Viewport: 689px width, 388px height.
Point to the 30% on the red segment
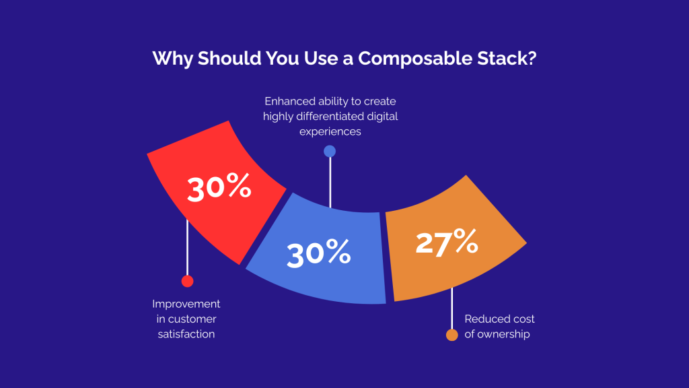[219, 189]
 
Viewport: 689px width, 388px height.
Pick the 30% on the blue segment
[318, 254]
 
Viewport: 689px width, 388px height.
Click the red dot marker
[187, 282]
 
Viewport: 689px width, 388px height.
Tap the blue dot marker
[330, 151]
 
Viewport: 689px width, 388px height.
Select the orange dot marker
[452, 335]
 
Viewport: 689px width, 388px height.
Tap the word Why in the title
[172, 59]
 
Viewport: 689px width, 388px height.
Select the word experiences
[330, 131]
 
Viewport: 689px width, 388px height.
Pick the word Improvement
[186, 304]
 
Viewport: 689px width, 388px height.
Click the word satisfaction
[186, 333]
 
